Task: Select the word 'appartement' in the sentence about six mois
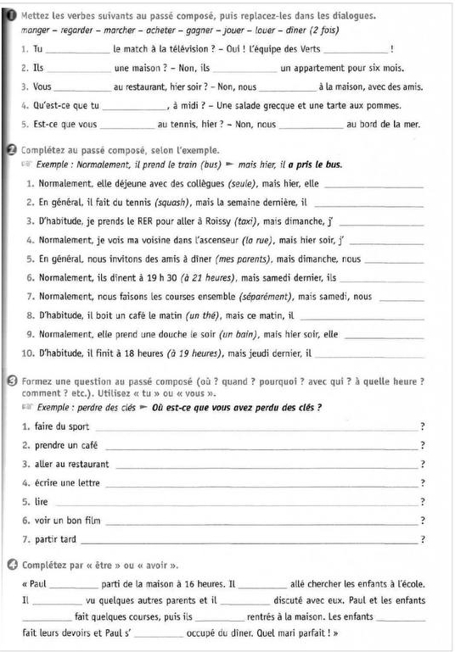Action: [x=315, y=69]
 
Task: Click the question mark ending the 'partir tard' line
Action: [x=422, y=539]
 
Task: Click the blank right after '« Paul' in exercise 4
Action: [x=75, y=585]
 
